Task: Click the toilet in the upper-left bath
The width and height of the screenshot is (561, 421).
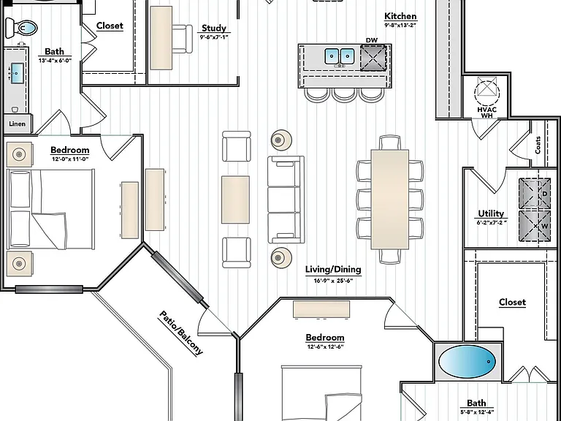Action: pyautogui.click(x=21, y=28)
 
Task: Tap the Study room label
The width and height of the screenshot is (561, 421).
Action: pyautogui.click(x=214, y=28)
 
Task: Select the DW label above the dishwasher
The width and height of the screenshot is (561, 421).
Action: pyautogui.click(x=372, y=40)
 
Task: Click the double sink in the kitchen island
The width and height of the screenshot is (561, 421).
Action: pyautogui.click(x=339, y=56)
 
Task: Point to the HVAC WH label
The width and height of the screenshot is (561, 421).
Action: pyautogui.click(x=487, y=113)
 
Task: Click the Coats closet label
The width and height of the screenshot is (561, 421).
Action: pyautogui.click(x=538, y=145)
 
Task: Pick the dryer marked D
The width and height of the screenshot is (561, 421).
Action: pyautogui.click(x=535, y=194)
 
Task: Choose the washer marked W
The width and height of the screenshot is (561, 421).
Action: pyautogui.click(x=535, y=226)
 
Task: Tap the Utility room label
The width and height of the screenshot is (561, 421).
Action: pyautogui.click(x=491, y=213)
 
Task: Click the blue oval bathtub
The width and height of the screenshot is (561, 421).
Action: pyautogui.click(x=467, y=362)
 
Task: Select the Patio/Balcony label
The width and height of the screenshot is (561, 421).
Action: pyautogui.click(x=180, y=333)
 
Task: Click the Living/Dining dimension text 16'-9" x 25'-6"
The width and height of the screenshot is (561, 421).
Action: pyautogui.click(x=333, y=281)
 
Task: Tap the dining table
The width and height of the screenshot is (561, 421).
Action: pyautogui.click(x=390, y=200)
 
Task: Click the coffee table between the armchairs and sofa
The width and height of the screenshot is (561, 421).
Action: pyautogui.click(x=235, y=200)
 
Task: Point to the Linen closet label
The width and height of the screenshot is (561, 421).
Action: pyautogui.click(x=18, y=124)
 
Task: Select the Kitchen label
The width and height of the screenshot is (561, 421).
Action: pyautogui.click(x=400, y=16)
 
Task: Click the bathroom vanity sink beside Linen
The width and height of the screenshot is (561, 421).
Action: pyautogui.click(x=18, y=73)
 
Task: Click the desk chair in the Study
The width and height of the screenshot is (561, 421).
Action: pyautogui.click(x=182, y=39)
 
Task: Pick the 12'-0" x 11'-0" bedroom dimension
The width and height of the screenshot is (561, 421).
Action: pyautogui.click(x=70, y=159)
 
